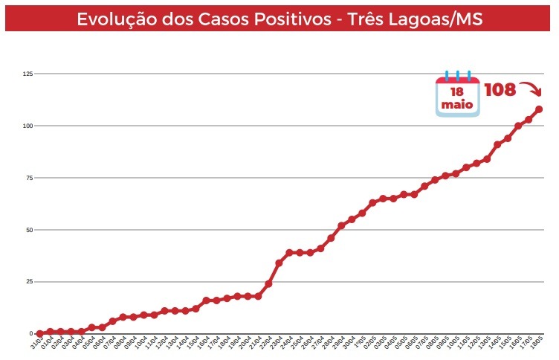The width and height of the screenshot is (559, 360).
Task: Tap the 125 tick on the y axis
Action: [x=28, y=74]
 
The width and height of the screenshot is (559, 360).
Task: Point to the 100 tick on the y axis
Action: [x=28, y=126]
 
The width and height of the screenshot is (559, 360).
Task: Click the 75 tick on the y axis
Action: [x=30, y=178]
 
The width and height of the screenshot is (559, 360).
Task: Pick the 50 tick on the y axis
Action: [x=30, y=230]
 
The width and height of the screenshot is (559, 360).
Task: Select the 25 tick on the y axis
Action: [x=30, y=282]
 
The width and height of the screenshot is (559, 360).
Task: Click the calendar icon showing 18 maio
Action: [x=457, y=94]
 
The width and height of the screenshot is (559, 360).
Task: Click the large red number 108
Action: [x=500, y=90]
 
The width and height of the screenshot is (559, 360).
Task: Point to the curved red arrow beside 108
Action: [x=531, y=89]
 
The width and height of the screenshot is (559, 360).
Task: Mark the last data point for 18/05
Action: [x=539, y=109]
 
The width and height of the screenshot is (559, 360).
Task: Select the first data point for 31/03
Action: [x=40, y=334]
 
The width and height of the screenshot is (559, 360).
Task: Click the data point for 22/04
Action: [x=268, y=284]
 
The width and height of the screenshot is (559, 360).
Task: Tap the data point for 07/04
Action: [x=113, y=321]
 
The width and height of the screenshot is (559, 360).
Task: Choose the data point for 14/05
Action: [x=497, y=145]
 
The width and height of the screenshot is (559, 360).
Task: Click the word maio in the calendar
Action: [x=457, y=105]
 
